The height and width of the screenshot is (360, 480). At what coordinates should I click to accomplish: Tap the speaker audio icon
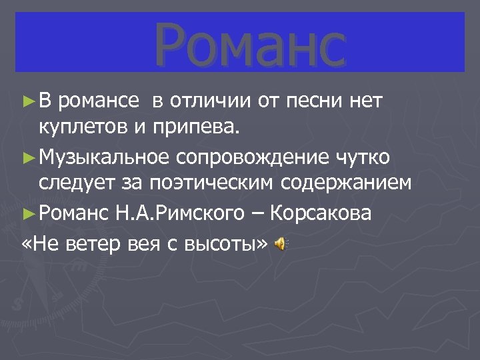click(x=281, y=245)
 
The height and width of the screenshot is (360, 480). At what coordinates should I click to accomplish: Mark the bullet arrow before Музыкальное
click(x=27, y=157)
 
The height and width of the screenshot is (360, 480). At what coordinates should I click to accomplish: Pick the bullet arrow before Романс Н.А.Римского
click(x=27, y=214)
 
